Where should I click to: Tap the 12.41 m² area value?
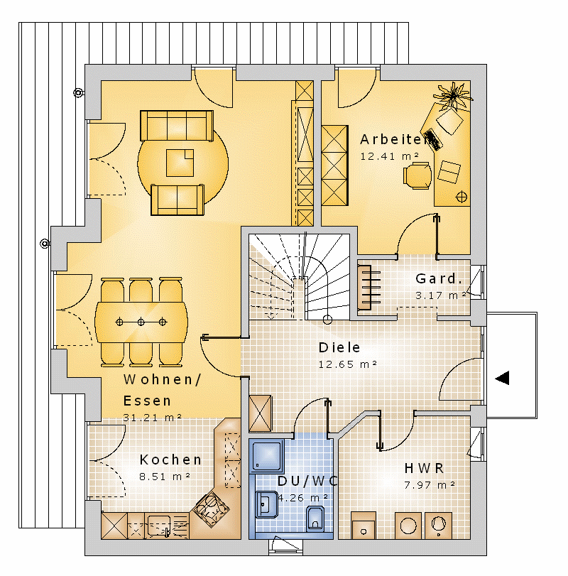[389, 156]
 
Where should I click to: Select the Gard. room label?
[439, 278]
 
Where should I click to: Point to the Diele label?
[339, 348]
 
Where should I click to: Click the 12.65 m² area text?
[347, 364]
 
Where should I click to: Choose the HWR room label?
[424, 469]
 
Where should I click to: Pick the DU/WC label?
[307, 481]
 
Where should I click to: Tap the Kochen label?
[170, 460]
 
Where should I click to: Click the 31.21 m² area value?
[152, 417]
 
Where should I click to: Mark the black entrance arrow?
[502, 378]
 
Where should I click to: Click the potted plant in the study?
[452, 94]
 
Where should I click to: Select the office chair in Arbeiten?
[417, 175]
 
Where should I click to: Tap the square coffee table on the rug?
[180, 162]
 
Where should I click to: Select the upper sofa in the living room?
[176, 126]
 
